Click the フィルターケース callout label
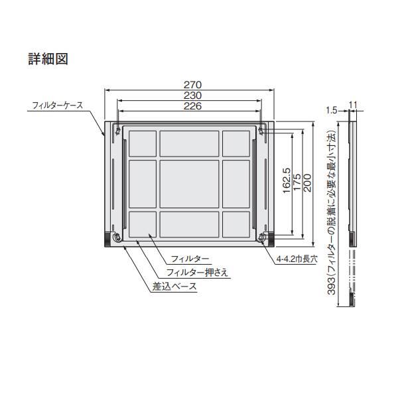point(57,105)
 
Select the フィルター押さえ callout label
point(197,273)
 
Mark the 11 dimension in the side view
point(352,104)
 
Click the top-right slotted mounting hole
point(263,130)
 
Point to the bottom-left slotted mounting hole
point(117,237)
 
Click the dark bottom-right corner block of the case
point(268,237)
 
